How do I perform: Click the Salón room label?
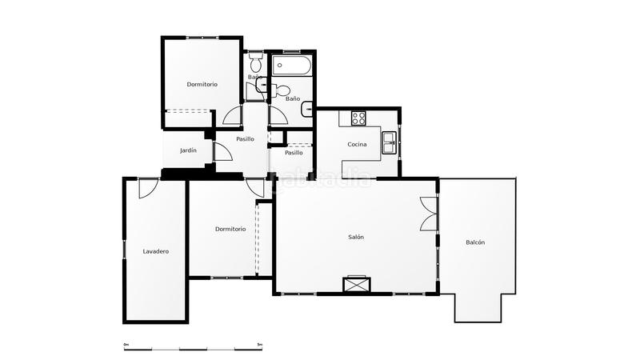pyautogui.click(x=356, y=237)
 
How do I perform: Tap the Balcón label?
pyautogui.click(x=475, y=242)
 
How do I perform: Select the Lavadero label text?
pyautogui.click(x=156, y=251)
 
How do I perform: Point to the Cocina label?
pyautogui.click(x=357, y=144)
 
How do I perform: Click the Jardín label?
pyautogui.click(x=188, y=150)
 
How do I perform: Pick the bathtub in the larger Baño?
pyautogui.click(x=291, y=65)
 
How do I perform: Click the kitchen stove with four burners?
pyautogui.click(x=358, y=118)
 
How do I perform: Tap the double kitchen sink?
pyautogui.click(x=389, y=142)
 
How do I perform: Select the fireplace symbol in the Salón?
pyautogui.click(x=356, y=283)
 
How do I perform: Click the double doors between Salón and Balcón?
pyautogui.click(x=430, y=214)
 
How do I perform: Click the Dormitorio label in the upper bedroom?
pyautogui.click(x=202, y=84)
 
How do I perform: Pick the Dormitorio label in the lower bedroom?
pyautogui.click(x=230, y=229)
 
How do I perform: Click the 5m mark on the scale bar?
pyautogui.click(x=260, y=345)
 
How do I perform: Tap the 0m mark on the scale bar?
pyautogui.click(x=126, y=345)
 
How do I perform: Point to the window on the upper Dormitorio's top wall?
pyautogui.click(x=202, y=38)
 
